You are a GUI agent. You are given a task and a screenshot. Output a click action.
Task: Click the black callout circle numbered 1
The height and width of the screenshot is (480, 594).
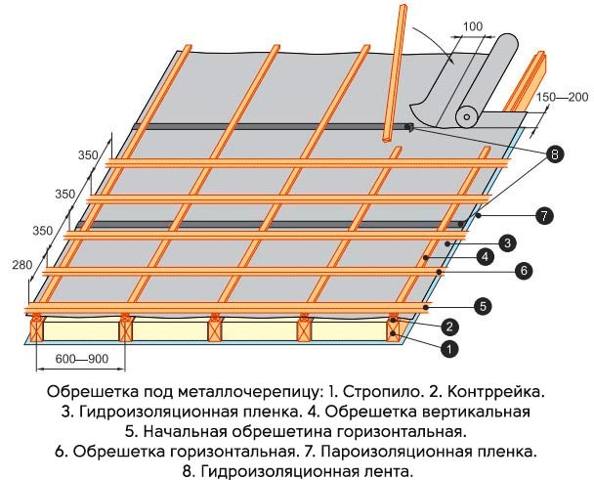(448, 349)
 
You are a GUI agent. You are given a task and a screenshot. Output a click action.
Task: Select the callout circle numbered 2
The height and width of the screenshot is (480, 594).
(449, 327)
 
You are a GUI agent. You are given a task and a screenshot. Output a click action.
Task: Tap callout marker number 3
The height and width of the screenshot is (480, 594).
(508, 243)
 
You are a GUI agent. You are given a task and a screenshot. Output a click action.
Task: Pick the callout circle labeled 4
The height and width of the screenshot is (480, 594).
(486, 257)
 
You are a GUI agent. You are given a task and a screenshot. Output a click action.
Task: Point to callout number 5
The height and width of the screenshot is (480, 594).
(483, 306)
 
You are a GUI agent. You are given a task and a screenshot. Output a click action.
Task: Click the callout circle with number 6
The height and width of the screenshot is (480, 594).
(524, 271)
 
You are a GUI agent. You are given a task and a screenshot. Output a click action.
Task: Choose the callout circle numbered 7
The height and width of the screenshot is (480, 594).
(544, 216)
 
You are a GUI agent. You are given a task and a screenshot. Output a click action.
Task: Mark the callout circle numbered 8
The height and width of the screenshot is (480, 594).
(555, 154)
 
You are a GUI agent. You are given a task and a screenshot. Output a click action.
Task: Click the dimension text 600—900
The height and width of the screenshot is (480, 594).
(82, 359)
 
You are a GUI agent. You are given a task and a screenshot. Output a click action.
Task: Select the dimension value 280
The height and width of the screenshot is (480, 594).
(21, 265)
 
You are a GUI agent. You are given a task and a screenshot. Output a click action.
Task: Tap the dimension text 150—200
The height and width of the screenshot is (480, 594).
(563, 97)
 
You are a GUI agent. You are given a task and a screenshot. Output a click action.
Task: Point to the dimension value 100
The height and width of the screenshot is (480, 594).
(473, 26)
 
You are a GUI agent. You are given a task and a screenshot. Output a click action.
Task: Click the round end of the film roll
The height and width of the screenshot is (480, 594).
(467, 117)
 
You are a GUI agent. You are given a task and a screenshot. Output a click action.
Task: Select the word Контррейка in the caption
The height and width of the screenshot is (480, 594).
(496, 392)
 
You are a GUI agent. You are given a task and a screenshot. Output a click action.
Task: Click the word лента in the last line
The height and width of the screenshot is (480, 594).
(387, 471)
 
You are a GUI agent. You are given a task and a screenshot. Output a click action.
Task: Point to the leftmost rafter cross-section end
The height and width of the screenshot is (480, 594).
(37, 329)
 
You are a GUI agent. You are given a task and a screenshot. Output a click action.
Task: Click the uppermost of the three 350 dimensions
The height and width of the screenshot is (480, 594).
(88, 155)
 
